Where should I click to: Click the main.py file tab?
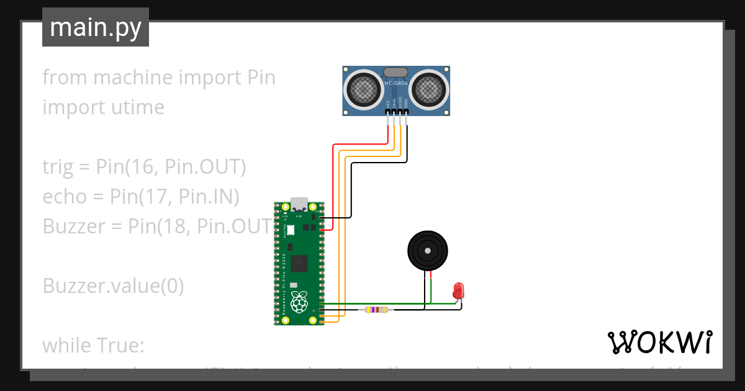[x=95, y=27]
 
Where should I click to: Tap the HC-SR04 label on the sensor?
[x=396, y=84]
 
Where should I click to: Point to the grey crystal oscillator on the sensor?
[x=396, y=73]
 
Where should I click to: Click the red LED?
[x=458, y=289]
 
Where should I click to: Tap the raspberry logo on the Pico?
[x=300, y=303]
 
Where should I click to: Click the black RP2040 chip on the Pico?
[x=299, y=263]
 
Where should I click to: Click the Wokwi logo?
[x=659, y=342]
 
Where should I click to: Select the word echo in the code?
[x=65, y=197]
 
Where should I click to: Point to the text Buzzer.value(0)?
[x=113, y=286]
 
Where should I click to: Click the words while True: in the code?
[x=93, y=345]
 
